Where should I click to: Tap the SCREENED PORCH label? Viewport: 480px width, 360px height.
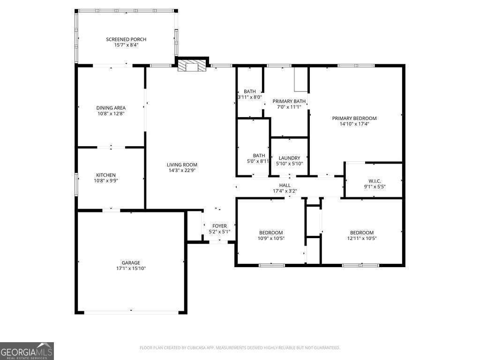126,39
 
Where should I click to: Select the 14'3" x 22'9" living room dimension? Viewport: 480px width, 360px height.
182,170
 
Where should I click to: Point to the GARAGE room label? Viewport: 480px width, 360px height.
131,262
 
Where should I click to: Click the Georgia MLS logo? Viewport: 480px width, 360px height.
27,351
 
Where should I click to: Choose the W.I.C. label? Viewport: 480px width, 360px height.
375,181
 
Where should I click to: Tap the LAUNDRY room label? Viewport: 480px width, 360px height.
290,158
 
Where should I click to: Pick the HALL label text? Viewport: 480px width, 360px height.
285,185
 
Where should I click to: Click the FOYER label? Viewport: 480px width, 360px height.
219,226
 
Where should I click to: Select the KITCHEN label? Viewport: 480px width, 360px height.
106,175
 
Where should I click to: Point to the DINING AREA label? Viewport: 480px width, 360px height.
111,108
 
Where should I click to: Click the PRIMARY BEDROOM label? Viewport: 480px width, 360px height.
354,118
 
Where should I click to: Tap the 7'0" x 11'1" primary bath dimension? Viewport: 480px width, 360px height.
289,107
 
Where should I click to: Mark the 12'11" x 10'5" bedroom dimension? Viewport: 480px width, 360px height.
362,238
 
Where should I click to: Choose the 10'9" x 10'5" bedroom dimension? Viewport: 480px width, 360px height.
271,238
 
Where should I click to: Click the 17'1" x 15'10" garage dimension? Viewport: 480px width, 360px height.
131,269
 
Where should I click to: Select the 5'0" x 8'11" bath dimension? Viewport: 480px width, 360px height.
258,161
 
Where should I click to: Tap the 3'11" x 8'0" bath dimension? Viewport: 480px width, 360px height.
250,97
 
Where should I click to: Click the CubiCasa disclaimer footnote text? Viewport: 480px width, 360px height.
240,348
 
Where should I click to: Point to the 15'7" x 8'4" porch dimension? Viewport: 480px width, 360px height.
126,45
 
